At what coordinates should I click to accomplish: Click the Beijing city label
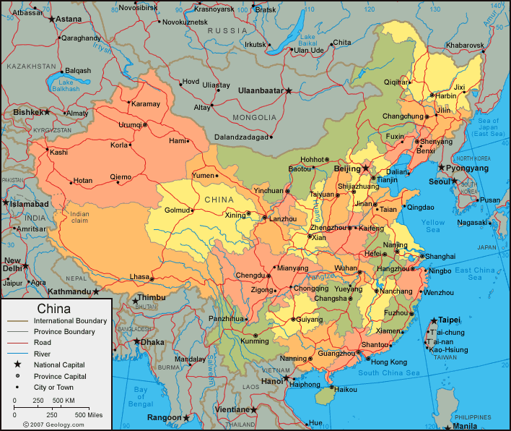347,168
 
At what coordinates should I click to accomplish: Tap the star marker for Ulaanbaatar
289,90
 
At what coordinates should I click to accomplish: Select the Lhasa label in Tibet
139,277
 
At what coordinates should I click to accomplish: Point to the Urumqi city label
130,124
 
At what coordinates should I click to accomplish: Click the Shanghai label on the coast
440,256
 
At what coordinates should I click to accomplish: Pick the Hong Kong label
389,362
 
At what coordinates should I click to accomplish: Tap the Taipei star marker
434,320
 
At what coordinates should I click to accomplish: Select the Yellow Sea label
433,226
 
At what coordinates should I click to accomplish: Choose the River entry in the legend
43,354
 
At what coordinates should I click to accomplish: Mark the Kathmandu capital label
69,292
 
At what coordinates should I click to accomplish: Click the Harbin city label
446,95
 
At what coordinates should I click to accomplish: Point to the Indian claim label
80,218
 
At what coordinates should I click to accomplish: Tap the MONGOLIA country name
254,117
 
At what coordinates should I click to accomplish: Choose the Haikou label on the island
346,390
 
